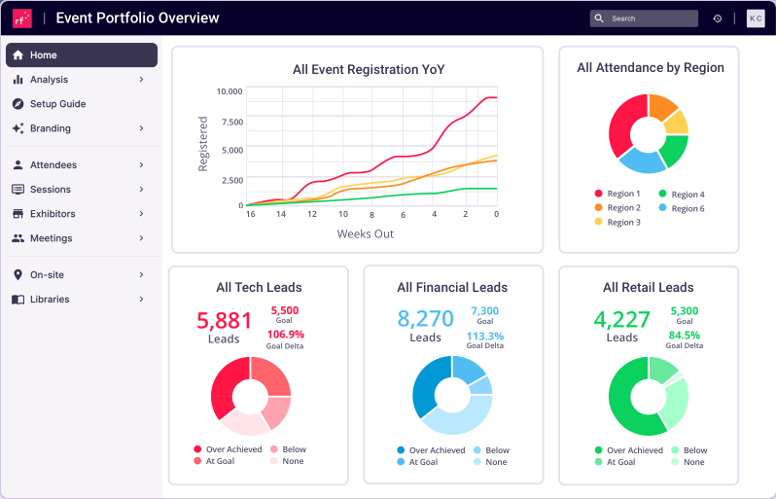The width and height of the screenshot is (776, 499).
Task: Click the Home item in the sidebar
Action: click(81, 55)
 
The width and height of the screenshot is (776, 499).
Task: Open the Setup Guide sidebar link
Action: click(57, 104)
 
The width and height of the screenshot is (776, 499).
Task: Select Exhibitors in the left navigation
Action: click(53, 214)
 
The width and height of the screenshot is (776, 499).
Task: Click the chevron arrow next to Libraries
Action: click(141, 300)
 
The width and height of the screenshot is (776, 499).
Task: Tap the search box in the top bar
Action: click(644, 18)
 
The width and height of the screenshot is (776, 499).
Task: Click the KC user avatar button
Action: click(755, 18)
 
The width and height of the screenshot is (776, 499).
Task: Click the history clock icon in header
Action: click(718, 18)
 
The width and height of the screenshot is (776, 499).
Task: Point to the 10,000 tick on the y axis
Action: click(229, 91)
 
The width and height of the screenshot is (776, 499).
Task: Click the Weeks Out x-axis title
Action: click(365, 234)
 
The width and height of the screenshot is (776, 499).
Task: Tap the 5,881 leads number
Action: click(224, 320)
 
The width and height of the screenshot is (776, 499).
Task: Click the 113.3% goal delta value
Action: click(484, 337)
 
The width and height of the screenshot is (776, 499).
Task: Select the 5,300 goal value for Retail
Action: click(684, 311)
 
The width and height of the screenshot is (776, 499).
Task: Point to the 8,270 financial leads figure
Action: click(425, 318)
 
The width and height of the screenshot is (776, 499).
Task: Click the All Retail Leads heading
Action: click(648, 287)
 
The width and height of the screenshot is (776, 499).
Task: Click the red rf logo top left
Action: click(21, 18)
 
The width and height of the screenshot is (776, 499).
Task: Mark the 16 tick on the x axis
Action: click(250, 214)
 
